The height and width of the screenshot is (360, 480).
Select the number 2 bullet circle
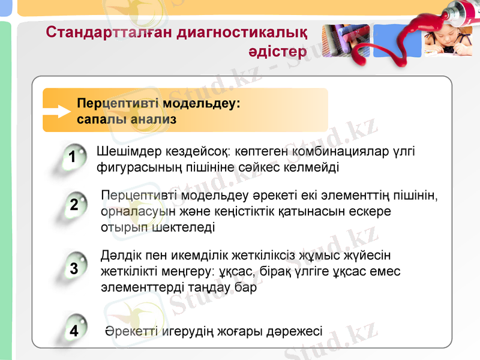(x=74, y=205)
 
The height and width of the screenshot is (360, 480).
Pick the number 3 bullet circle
(x=74, y=269)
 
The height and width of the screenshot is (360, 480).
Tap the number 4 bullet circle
(x=74, y=331)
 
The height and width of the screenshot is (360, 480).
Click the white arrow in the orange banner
(x=58, y=111)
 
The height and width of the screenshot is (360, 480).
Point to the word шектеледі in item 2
(x=185, y=227)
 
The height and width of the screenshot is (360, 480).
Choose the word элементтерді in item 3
(x=138, y=287)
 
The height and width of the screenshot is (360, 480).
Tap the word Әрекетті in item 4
(x=130, y=331)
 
